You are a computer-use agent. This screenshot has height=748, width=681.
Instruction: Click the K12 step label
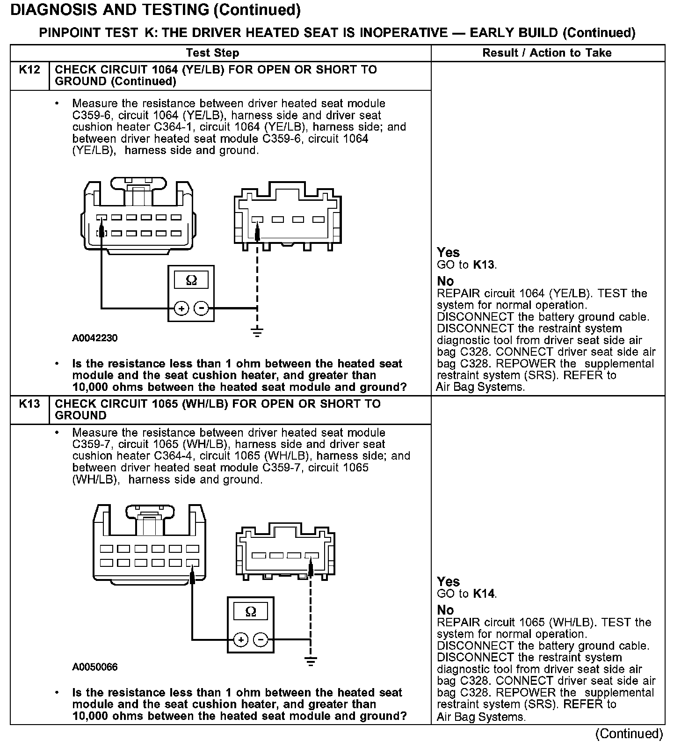(x=29, y=70)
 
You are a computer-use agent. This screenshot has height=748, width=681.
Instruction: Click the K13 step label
(x=29, y=404)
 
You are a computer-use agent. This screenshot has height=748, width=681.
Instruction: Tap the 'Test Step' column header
(x=212, y=53)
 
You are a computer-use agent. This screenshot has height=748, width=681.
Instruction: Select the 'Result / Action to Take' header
(x=547, y=53)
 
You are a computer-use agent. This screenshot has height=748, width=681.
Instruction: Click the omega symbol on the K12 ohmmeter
(x=191, y=280)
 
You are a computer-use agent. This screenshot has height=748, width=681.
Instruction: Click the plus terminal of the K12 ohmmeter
(x=181, y=308)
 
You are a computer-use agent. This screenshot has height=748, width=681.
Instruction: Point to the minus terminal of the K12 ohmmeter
(x=202, y=308)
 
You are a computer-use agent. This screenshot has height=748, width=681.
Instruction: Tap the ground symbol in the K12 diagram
(x=257, y=332)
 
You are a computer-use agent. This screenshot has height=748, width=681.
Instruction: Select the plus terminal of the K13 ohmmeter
(x=240, y=639)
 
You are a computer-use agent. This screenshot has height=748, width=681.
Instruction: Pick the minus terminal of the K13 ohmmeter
(x=261, y=639)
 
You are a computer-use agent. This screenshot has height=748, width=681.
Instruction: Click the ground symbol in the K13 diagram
(x=310, y=661)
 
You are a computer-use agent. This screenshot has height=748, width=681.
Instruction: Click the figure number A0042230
(x=95, y=338)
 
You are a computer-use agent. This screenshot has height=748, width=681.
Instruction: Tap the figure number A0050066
(x=95, y=667)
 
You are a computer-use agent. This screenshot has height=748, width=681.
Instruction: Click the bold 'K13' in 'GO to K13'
(x=484, y=265)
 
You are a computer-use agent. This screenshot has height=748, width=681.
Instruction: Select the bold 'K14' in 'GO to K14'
(x=484, y=594)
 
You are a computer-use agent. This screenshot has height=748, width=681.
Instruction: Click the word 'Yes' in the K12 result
(x=448, y=253)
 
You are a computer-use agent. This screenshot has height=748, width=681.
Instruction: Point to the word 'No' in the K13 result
(x=445, y=610)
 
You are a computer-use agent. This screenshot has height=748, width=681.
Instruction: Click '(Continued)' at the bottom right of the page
(x=629, y=733)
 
